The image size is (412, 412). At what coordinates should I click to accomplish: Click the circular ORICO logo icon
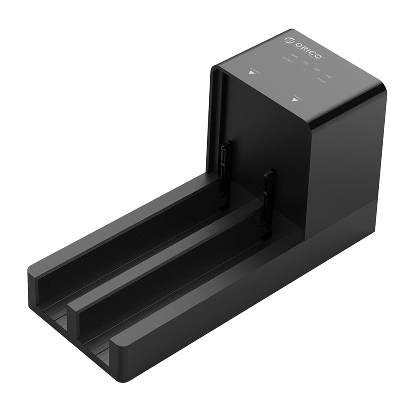pos(288,40)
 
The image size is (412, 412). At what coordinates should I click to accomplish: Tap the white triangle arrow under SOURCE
pos(251,72)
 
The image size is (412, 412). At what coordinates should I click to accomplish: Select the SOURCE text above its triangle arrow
pos(255,70)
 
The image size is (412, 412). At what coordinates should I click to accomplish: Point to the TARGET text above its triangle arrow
pos(298,97)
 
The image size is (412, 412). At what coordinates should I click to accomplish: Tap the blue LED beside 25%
pos(334,74)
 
